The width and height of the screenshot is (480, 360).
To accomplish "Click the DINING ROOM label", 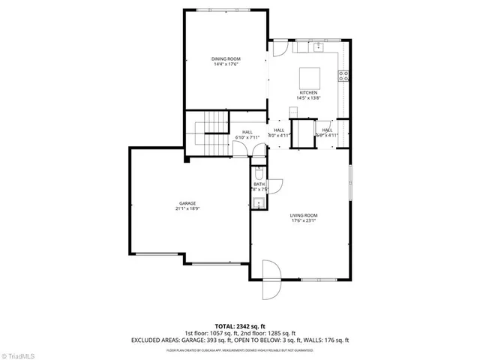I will pyautogui.click(x=225, y=58).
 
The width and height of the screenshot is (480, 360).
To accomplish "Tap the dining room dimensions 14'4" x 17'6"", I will pyautogui.click(x=225, y=64).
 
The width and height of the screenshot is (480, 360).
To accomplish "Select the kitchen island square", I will pyautogui.click(x=310, y=77).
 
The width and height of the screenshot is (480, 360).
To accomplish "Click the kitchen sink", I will pyautogui.click(x=317, y=46).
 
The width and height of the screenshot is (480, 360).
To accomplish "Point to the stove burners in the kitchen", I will pyautogui.click(x=345, y=75).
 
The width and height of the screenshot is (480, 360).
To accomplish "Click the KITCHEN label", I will pyautogui.click(x=308, y=93).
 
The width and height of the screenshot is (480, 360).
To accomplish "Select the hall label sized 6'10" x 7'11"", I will pyautogui.click(x=247, y=135).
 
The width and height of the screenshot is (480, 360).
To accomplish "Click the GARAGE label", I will pyautogui.click(x=187, y=203).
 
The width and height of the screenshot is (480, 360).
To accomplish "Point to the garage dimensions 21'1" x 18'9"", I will pyautogui.click(x=187, y=209).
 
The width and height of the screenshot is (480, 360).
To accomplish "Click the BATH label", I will pyautogui.click(x=259, y=184).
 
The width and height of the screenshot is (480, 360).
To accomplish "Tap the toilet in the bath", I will pyautogui.click(x=258, y=171).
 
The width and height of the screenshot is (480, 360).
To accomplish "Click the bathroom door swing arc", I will pyautogui.click(x=276, y=184).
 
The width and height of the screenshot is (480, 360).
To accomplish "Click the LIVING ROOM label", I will pyautogui.click(x=304, y=215).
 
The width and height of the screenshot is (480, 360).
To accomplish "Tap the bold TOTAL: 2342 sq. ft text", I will pyautogui.click(x=240, y=327).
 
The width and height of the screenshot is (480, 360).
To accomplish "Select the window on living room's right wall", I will pyautogui.click(x=349, y=182).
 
